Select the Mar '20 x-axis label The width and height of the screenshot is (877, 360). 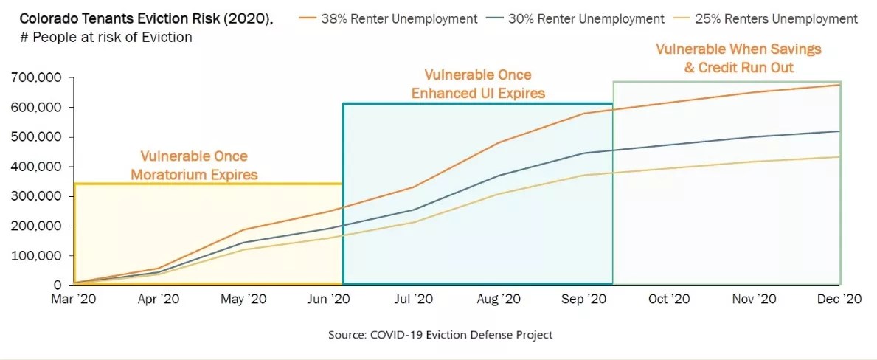click(x=74, y=299)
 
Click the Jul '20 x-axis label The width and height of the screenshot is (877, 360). click(x=415, y=299)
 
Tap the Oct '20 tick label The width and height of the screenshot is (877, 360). click(x=669, y=299)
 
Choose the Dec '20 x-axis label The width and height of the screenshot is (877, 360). click(x=841, y=299)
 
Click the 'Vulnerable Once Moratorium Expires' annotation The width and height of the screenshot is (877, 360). click(x=194, y=165)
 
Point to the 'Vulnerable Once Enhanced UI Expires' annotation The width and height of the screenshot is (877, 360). click(x=478, y=84)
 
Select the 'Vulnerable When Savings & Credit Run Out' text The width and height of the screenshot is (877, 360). click(x=738, y=58)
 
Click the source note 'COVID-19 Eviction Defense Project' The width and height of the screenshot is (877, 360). click(x=440, y=334)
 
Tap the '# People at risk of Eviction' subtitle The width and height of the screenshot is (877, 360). click(x=103, y=37)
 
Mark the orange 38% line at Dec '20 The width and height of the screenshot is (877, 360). click(x=839, y=85)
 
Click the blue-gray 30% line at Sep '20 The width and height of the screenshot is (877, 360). click(x=585, y=153)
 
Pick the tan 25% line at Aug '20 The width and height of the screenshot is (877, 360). click(x=499, y=193)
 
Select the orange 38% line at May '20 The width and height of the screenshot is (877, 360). click(x=244, y=230)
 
